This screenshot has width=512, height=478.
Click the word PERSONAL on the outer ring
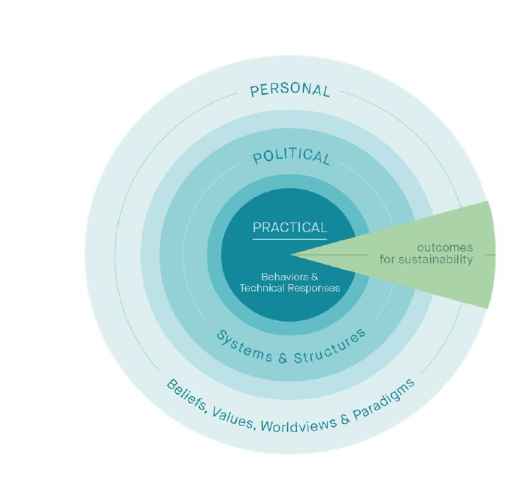click(x=290, y=90)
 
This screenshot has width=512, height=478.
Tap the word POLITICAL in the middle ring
click(x=290, y=156)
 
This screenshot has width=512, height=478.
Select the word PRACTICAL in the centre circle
click(x=289, y=227)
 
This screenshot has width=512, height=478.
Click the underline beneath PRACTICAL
click(x=289, y=240)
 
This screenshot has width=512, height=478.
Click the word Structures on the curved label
click(x=332, y=345)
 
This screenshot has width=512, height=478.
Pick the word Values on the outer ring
click(x=232, y=418)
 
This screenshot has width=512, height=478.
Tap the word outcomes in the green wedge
click(x=445, y=247)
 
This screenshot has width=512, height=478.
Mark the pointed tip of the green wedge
click(x=292, y=255)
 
